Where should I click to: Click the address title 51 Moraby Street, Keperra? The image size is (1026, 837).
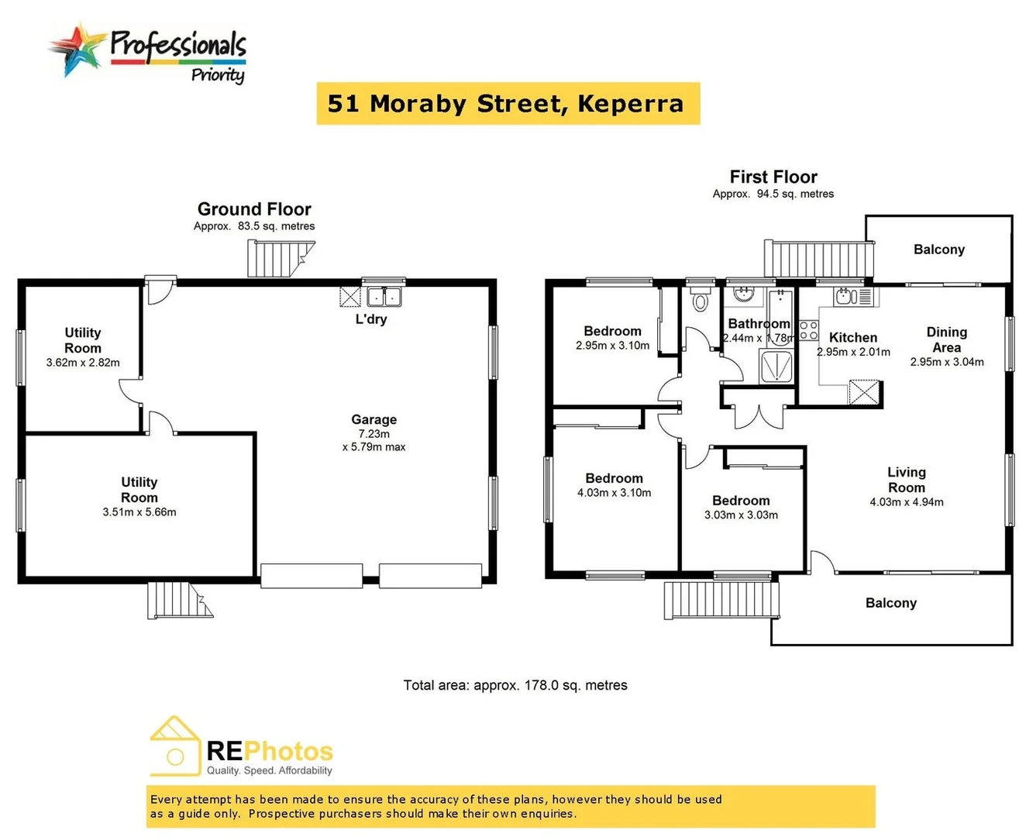[x=508, y=104]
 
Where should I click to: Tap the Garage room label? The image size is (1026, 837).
[x=374, y=419]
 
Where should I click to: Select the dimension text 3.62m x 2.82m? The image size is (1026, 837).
[x=83, y=363]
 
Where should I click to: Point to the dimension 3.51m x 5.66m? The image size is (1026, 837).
[x=139, y=512]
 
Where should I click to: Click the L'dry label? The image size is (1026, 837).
[x=371, y=319]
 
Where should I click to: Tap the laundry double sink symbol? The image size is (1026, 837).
[x=384, y=296]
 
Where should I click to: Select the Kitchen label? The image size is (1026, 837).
[x=853, y=337]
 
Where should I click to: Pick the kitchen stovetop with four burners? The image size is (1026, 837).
[x=808, y=330]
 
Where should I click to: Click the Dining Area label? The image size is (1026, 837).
[x=946, y=339]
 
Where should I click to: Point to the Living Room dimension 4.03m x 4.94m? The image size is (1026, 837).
[x=907, y=502]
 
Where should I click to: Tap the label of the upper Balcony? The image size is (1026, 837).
[x=938, y=250]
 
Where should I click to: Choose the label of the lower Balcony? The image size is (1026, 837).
[x=890, y=603]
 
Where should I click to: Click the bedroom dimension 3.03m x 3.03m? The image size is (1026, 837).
[x=741, y=515]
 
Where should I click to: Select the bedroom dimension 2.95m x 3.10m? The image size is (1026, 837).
[x=612, y=346]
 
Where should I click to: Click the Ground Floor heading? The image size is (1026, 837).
[x=254, y=209]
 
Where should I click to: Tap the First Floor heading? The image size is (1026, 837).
[x=773, y=177]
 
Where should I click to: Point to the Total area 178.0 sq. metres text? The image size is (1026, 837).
[x=515, y=685]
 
